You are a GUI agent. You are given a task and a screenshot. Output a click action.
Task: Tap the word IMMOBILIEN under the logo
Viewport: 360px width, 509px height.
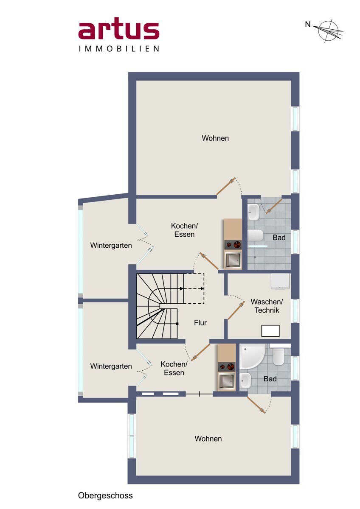click(x=119, y=49)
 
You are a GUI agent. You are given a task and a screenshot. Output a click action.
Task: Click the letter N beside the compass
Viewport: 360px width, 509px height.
click(x=308, y=24)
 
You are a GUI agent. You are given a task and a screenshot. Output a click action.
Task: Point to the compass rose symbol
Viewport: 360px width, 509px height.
click(x=329, y=31)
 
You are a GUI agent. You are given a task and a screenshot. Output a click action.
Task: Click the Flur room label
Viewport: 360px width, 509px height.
click(x=200, y=323)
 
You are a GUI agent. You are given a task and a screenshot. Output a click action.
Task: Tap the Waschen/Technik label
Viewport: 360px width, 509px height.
click(x=267, y=306)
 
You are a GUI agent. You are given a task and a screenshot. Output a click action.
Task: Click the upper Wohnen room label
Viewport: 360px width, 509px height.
click(x=215, y=138)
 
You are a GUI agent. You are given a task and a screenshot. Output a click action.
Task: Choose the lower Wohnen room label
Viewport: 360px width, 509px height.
click(x=208, y=439)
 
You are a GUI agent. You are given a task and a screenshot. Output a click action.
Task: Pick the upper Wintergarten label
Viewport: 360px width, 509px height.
click(x=111, y=246)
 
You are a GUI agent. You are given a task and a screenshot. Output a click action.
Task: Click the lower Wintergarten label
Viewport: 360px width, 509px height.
click(x=111, y=366)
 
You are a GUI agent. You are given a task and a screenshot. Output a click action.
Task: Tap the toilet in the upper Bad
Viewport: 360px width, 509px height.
click(x=256, y=235)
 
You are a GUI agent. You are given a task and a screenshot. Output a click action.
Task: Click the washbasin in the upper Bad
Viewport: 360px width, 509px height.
click(x=254, y=212)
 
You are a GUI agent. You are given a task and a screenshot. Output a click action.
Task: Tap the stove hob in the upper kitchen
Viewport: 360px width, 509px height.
click(x=233, y=245)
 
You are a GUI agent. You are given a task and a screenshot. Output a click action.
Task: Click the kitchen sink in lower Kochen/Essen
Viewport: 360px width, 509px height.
click(x=226, y=380)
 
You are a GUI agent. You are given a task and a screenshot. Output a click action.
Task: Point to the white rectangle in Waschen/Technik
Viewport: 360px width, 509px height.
click(x=270, y=331)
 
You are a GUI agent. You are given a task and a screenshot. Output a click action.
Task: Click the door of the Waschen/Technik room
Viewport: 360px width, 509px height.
click(x=236, y=310)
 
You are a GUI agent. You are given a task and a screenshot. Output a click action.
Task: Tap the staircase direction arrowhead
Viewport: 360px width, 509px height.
click(x=181, y=289)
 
